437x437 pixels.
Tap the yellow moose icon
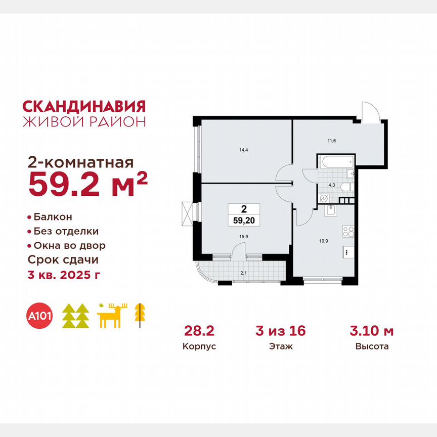coord(111,316)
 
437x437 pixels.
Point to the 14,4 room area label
coord(244,150)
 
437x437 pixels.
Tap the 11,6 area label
coord(331,141)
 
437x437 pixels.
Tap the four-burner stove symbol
coord(348,232)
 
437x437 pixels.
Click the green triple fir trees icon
coord(75,316)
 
